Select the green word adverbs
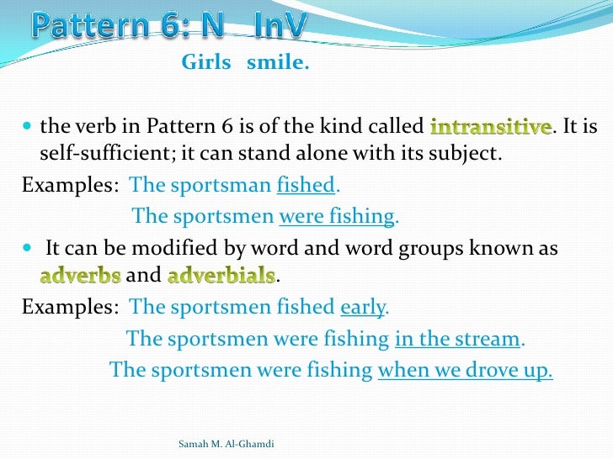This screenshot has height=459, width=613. pos(81,276)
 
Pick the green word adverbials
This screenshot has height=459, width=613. pos(221,276)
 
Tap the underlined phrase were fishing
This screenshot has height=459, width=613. pos(337,216)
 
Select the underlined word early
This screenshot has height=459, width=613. pos(362,307)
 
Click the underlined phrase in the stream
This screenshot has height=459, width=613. pos(458,339)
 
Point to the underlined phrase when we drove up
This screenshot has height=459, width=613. pos(465,370)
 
